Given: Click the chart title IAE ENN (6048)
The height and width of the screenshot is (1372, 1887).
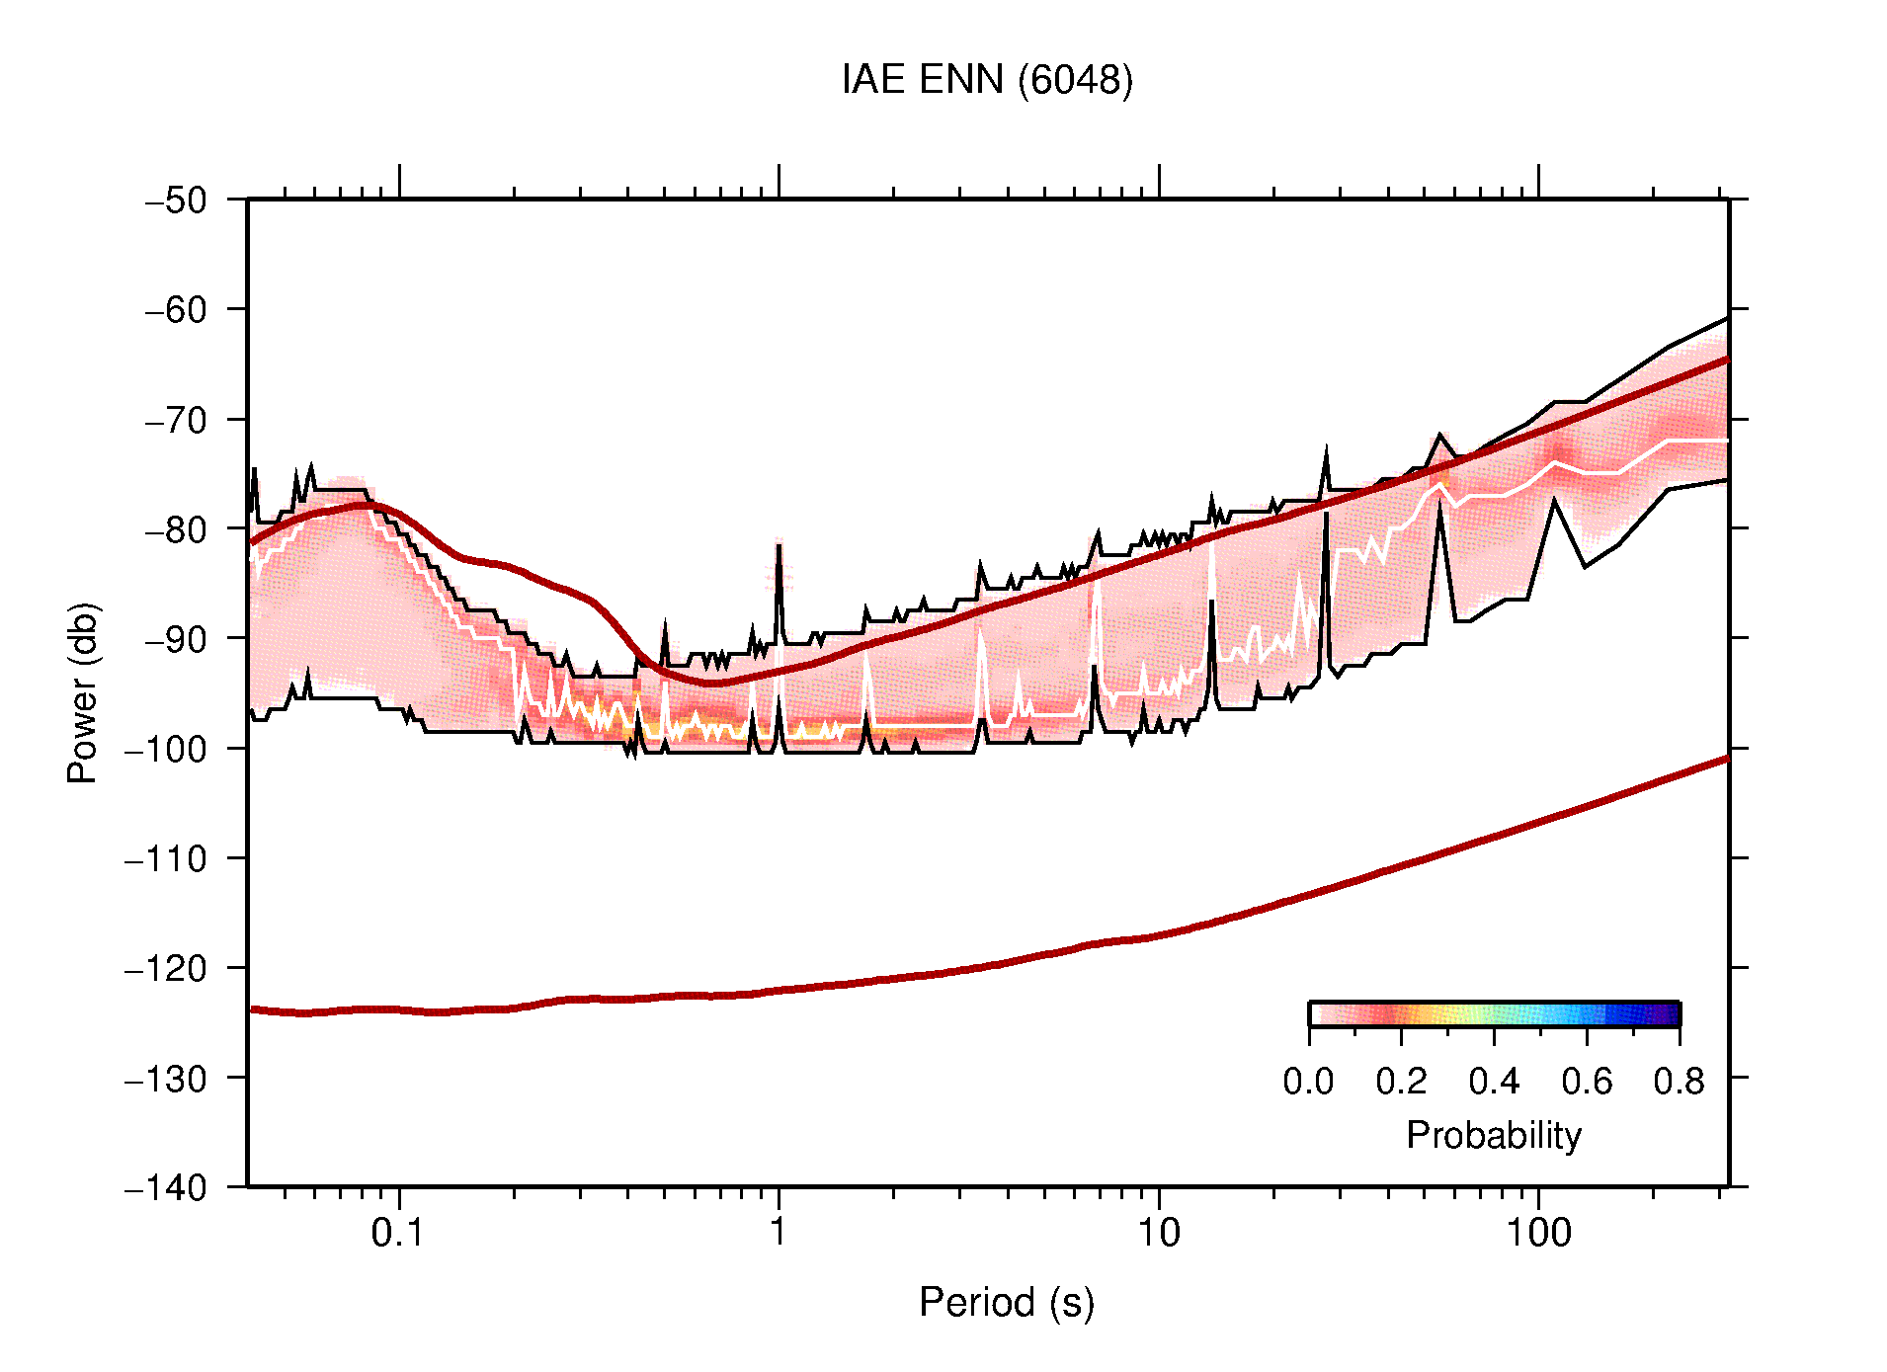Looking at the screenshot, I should (x=987, y=80).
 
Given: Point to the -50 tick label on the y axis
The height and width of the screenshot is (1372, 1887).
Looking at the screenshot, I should (x=177, y=201).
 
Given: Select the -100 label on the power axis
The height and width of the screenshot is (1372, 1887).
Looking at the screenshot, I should (x=166, y=749).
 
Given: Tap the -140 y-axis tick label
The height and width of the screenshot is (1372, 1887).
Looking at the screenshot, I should (x=166, y=1187).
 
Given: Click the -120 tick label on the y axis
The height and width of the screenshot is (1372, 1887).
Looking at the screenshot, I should (x=166, y=968).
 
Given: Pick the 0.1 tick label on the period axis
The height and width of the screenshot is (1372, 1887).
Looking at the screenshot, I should (x=398, y=1233).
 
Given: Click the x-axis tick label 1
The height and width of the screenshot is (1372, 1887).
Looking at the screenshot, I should (x=779, y=1233).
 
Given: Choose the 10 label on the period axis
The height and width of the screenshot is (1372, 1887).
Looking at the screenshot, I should (x=1158, y=1233).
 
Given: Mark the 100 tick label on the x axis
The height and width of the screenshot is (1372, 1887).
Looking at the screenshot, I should (x=1538, y=1233).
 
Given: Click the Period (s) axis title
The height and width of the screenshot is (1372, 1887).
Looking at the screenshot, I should (x=1007, y=1302).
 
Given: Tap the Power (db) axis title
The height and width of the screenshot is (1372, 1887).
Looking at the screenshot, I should (x=83, y=692).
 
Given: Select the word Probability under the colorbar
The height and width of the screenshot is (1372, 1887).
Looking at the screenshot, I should (x=1494, y=1135).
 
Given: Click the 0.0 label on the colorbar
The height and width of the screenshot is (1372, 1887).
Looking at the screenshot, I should (x=1308, y=1082).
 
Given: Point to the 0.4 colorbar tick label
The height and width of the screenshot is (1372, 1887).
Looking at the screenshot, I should (x=1494, y=1082).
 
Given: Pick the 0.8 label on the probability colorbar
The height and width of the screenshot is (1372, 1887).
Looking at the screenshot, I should (x=1680, y=1082).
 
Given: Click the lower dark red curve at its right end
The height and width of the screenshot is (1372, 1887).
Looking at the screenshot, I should (x=1725, y=760).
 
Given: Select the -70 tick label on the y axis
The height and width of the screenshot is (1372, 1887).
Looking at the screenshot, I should (x=177, y=420).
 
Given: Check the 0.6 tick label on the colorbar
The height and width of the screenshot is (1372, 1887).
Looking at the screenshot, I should (x=1587, y=1082).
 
